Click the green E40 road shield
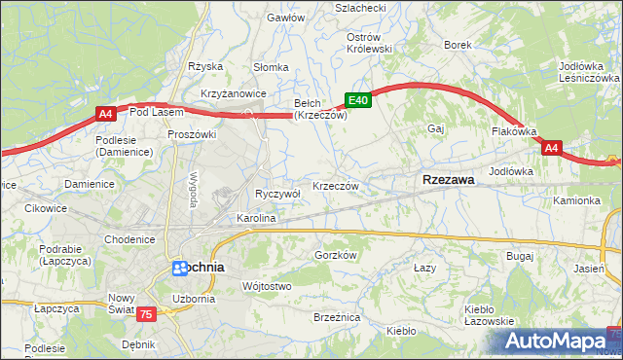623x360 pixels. [x=358, y=99]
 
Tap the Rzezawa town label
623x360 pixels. [x=449, y=179]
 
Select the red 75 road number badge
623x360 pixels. [x=146, y=313]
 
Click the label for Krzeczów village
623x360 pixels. [x=336, y=186]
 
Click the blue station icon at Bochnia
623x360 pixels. [x=180, y=267]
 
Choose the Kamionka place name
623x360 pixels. [x=577, y=199]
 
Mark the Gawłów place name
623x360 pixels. [x=285, y=18]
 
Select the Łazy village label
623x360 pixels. [x=423, y=267]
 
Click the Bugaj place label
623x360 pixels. [x=520, y=256]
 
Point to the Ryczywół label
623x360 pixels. [x=276, y=194]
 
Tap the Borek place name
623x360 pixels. [x=458, y=45]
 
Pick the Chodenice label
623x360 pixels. [x=130, y=239]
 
